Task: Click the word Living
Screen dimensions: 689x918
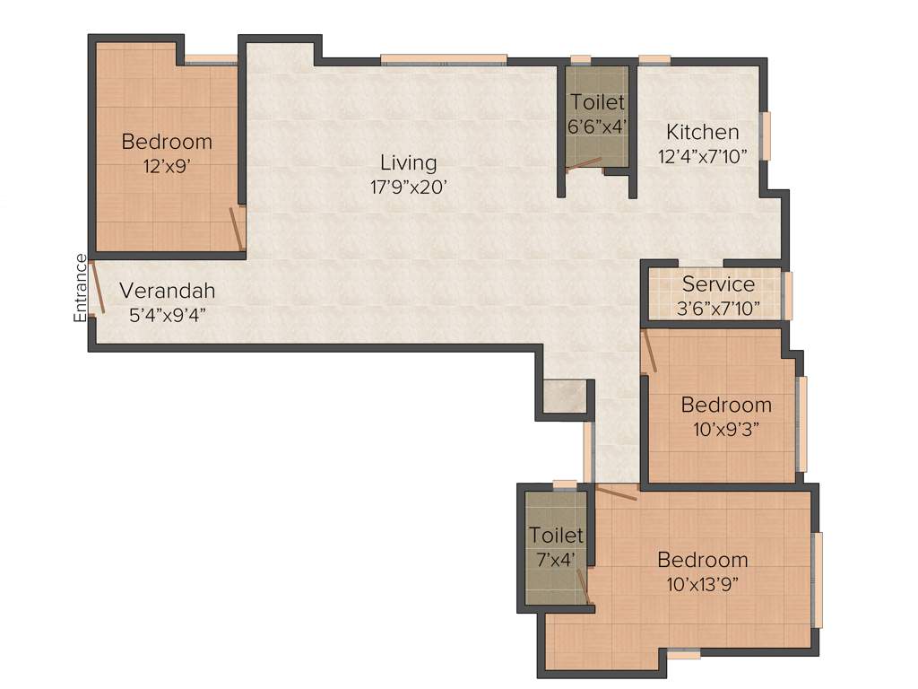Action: [408, 163]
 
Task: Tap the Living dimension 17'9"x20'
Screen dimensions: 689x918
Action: [408, 188]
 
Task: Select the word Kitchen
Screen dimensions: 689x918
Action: [702, 132]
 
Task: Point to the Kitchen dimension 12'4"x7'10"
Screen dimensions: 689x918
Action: [702, 155]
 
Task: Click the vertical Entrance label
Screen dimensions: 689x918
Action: [81, 288]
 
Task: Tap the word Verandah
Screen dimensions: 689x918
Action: [168, 292]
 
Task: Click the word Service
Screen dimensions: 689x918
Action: [718, 284]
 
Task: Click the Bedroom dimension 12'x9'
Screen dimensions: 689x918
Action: [167, 165]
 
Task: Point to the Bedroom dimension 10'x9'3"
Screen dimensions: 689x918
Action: [726, 428]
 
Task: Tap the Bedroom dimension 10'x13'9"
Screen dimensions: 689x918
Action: [703, 584]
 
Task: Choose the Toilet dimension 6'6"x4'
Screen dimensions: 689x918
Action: [596, 126]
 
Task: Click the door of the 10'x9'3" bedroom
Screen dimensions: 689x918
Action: [649, 352]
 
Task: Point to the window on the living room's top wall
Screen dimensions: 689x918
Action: [443, 61]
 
